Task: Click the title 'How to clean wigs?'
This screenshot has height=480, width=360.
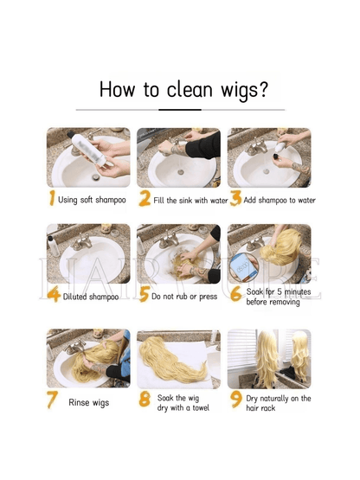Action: [183, 89]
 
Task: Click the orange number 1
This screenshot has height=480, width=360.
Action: [52, 200]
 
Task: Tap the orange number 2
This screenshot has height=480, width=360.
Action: [145, 200]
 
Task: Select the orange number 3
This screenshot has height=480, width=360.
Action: [235, 200]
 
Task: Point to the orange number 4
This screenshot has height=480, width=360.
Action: [54, 295]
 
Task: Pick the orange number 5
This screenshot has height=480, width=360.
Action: [145, 295]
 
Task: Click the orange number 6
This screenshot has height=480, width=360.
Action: [235, 295]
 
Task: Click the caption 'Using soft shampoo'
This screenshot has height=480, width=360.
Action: [92, 201]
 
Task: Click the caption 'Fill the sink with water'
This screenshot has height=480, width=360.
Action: [190, 201]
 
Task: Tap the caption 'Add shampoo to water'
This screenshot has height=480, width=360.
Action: [280, 201]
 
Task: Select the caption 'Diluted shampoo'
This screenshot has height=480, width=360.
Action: [91, 296]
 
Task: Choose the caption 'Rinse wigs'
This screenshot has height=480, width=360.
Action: [88, 402]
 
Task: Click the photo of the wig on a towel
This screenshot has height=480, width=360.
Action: [178, 358]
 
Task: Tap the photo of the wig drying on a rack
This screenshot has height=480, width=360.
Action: [269, 358]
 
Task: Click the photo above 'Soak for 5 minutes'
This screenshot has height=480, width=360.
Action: [269, 253]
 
